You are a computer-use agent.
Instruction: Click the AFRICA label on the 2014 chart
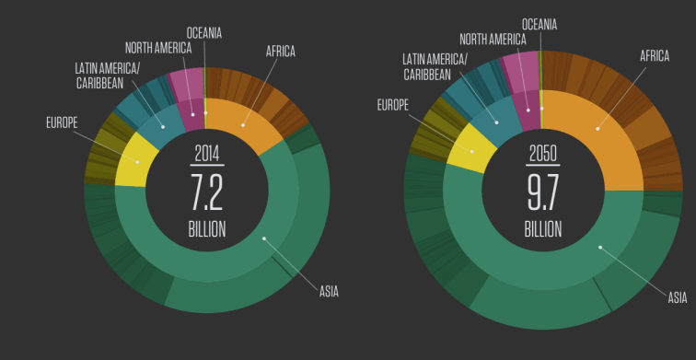[x=281, y=52]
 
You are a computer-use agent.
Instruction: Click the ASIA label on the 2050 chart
[x=677, y=297]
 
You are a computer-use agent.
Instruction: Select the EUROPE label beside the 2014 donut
[x=61, y=122]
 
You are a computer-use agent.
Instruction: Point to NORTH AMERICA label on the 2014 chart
[x=158, y=48]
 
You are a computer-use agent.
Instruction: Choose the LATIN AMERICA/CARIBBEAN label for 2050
[x=435, y=66]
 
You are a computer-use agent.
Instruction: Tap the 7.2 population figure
[x=207, y=192]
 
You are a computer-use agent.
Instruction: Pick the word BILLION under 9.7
[x=542, y=229]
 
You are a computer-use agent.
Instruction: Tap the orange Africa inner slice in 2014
[x=244, y=124]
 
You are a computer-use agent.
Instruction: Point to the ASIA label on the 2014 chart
[x=329, y=292]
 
